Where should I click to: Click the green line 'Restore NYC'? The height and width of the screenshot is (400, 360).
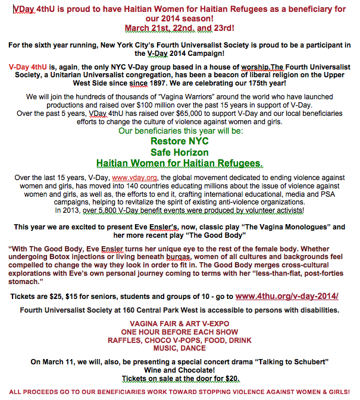pos(180,141)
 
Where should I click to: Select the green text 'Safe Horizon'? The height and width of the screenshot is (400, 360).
pos(180,152)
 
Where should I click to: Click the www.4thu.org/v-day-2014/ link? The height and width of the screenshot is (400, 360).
pos(287,296)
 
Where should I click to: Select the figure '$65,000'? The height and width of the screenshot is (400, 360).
pos(183,113)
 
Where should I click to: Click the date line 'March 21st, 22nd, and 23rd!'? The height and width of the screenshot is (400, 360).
pos(180,27)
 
